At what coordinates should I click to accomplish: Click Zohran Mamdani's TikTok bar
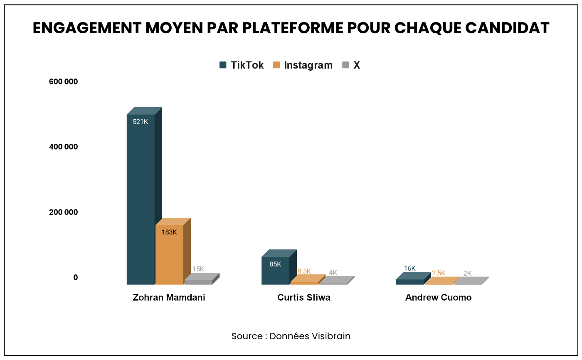point(141,200)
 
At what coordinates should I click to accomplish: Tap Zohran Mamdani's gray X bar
point(198,282)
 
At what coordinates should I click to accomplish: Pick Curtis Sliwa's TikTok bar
point(275,271)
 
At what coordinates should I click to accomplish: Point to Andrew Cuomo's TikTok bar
point(409,281)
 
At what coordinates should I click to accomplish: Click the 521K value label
point(141,122)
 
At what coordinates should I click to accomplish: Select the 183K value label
point(169,232)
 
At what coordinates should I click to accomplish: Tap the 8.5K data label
point(304,271)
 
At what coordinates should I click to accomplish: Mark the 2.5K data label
point(438,273)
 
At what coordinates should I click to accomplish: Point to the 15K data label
point(198,269)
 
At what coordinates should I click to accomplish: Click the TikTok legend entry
point(242,65)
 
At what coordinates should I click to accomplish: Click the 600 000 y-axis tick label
point(64,81)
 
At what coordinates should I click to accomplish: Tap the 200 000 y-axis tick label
point(64,212)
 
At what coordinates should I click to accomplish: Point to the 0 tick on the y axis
point(76,277)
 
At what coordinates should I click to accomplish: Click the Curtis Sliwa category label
point(304,298)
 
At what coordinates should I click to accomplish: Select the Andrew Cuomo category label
point(438,298)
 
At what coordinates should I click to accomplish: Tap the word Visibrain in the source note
point(331,336)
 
